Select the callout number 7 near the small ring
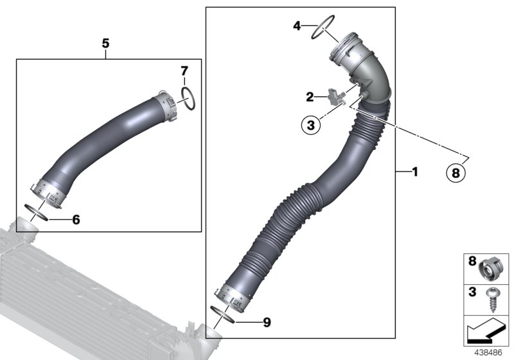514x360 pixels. pos(184,69)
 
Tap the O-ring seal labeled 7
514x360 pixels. pos(187,98)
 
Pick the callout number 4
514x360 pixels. pos(297,26)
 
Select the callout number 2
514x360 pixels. pos(310,97)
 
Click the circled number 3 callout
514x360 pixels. pos(311,125)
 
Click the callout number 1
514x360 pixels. pos(414,172)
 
